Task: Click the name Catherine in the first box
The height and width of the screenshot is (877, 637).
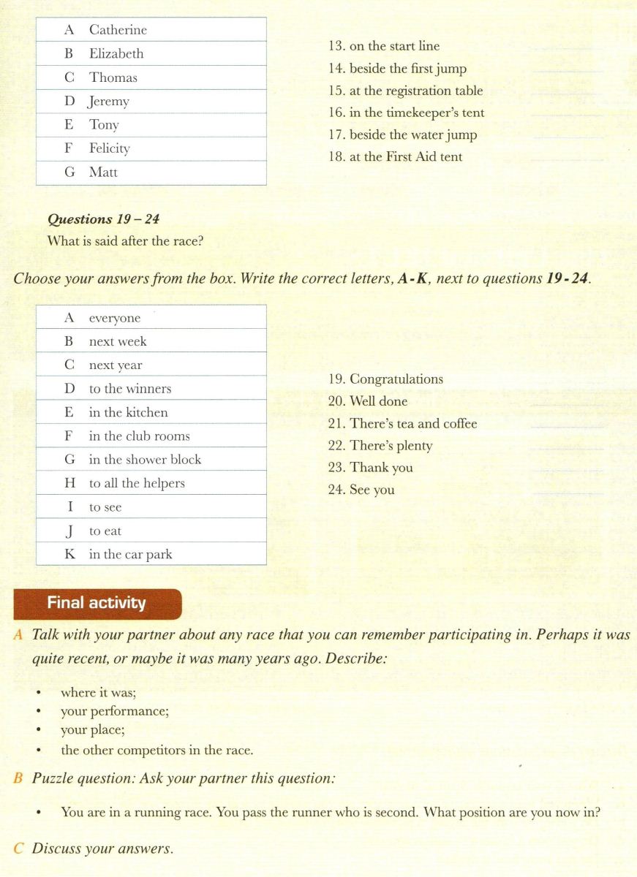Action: pyautogui.click(x=118, y=30)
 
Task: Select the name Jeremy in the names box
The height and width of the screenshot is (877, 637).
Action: pyautogui.click(x=109, y=102)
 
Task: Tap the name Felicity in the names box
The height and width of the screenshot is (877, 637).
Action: pyautogui.click(x=110, y=149)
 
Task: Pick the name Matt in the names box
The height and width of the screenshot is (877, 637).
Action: pyautogui.click(x=103, y=172)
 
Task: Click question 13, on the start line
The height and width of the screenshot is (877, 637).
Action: pyautogui.click(x=384, y=46)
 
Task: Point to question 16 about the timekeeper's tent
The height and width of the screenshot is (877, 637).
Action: pyautogui.click(x=406, y=113)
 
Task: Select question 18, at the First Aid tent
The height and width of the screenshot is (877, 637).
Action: pyautogui.click(x=395, y=157)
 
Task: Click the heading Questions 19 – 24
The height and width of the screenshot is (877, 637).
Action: pyautogui.click(x=103, y=219)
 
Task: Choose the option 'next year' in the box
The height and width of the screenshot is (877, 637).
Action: pyautogui.click(x=116, y=365)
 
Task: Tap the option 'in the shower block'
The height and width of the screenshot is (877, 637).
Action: pyautogui.click(x=145, y=460)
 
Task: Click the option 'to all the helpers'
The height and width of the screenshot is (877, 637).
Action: pyautogui.click(x=137, y=483)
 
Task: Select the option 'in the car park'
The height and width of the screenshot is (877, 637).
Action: pyautogui.click(x=130, y=555)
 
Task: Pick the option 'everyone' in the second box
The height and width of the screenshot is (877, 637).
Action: pyautogui.click(x=115, y=318)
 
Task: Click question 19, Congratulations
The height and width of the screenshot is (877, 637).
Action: pyautogui.click(x=385, y=379)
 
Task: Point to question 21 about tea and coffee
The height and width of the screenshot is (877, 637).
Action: pyautogui.click(x=402, y=424)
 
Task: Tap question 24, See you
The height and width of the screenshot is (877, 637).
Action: pyautogui.click(x=361, y=490)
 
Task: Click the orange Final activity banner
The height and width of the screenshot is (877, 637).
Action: pyautogui.click(x=97, y=603)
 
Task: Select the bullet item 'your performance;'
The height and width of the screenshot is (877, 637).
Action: pyautogui.click(x=115, y=711)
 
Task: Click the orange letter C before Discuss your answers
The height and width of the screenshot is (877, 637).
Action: pyautogui.click(x=19, y=849)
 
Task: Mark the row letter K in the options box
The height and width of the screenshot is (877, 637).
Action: pyautogui.click(x=69, y=555)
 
